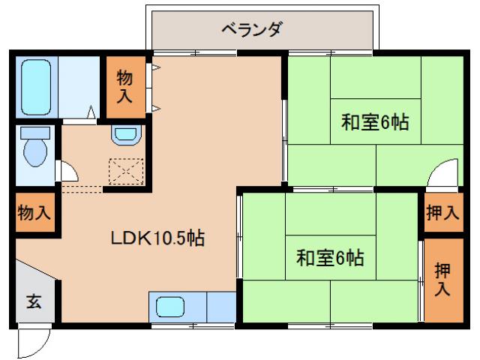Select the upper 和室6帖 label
[375, 122]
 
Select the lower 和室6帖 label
[330, 258]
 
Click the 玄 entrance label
[34, 302]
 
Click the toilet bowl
[34, 151]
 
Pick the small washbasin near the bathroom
[124, 135]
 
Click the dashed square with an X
[125, 172]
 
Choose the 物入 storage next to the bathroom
[124, 86]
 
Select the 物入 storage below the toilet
[34, 212]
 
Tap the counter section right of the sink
[220, 307]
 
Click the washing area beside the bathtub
[79, 86]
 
